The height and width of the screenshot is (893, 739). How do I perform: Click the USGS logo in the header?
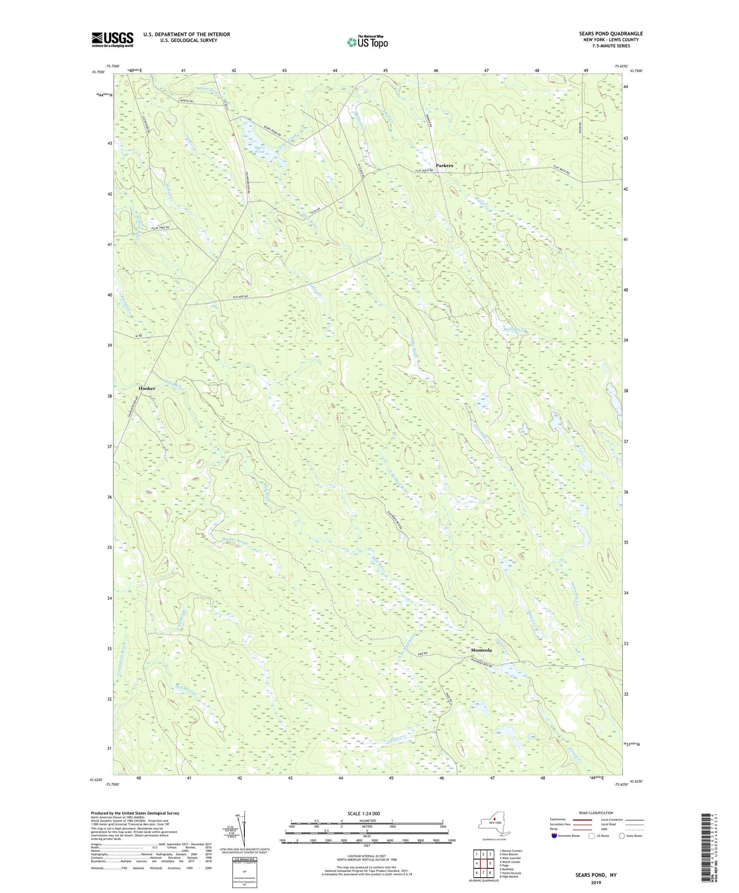tap(112, 39)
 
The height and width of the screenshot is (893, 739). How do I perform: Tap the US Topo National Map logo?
tap(367, 42)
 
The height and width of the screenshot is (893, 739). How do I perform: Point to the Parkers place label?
tap(444, 165)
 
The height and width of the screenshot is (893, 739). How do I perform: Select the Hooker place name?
tap(147, 388)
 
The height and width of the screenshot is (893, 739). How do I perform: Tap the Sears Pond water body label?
tap(260, 149)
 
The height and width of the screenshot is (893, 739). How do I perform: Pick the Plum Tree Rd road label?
tap(161, 228)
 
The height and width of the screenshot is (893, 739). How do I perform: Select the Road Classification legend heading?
tap(596, 813)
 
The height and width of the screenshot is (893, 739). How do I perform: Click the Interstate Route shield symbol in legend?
tap(554, 836)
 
